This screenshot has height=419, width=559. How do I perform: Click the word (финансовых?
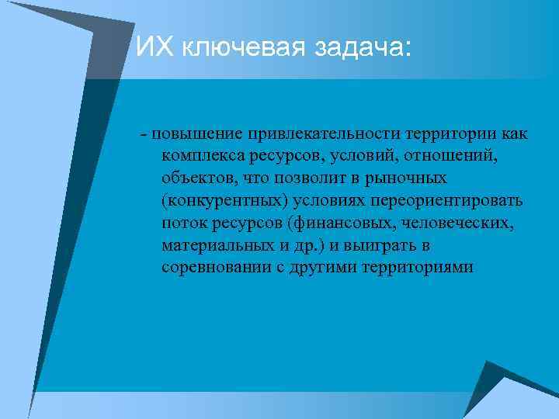click(x=335, y=223)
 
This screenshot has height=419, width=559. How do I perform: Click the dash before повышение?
click(x=144, y=133)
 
